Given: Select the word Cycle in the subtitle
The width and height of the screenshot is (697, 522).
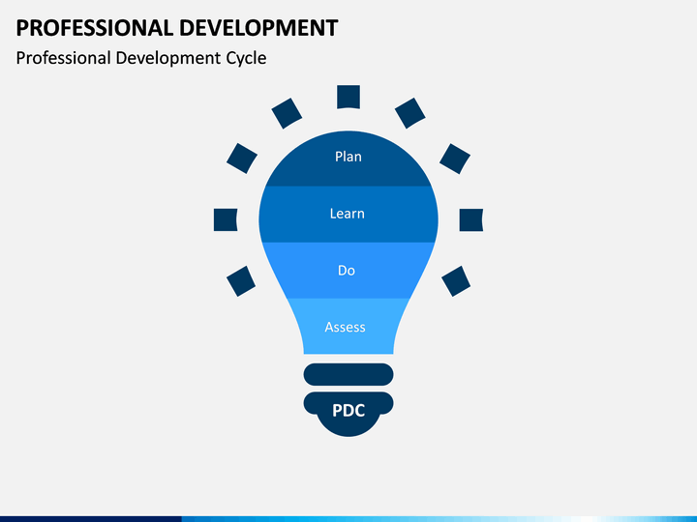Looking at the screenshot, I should pyautogui.click(x=246, y=58).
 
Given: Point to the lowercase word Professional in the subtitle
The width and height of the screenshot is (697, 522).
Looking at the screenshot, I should pyautogui.click(x=63, y=58).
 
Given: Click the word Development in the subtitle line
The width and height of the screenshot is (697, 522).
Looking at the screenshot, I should pyautogui.click(x=170, y=58).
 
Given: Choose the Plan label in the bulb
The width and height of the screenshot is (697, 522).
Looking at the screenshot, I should pyautogui.click(x=348, y=157).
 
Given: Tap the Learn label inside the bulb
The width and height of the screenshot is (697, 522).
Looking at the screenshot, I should pyautogui.click(x=347, y=214).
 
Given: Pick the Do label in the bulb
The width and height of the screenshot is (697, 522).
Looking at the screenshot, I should pyautogui.click(x=347, y=271).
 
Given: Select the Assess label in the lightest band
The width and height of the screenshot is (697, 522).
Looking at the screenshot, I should pyautogui.click(x=345, y=328).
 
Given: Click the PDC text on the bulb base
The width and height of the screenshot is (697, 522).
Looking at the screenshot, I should pyautogui.click(x=348, y=410).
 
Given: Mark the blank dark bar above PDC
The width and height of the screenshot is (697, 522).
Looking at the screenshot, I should pyautogui.click(x=348, y=374).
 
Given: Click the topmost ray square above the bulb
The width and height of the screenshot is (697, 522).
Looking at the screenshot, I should pyautogui.click(x=348, y=97).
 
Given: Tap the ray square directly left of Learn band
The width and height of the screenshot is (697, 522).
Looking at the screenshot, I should pyautogui.click(x=226, y=219).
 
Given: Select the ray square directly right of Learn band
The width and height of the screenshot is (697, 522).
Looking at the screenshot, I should pyautogui.click(x=471, y=219).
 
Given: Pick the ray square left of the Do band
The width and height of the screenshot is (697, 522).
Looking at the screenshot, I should pyautogui.click(x=241, y=281).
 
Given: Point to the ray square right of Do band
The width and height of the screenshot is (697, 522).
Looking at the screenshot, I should pyautogui.click(x=456, y=281).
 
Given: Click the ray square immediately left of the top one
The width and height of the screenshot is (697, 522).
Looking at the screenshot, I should pyautogui.click(x=287, y=113).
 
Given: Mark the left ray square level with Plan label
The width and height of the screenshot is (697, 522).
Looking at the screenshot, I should pyautogui.click(x=242, y=158).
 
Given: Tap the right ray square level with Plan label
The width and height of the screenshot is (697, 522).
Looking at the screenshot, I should pyautogui.click(x=455, y=158).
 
